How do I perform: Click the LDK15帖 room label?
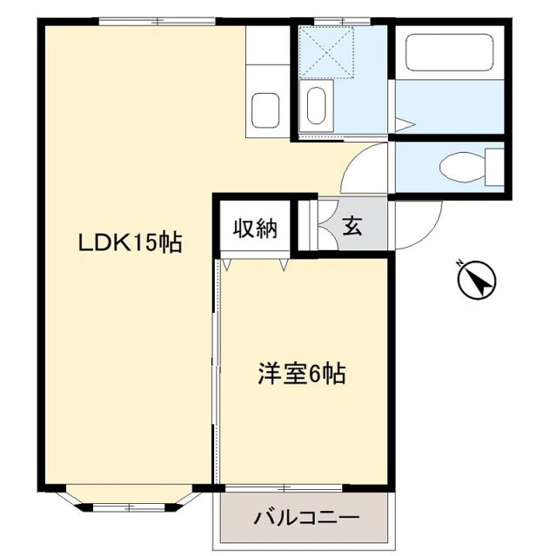[x=131, y=243]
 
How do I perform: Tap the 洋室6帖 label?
[x=301, y=374]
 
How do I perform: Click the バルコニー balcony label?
[x=306, y=518]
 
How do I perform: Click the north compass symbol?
[x=475, y=280]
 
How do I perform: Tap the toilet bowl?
[x=458, y=164]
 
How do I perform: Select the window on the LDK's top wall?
[x=157, y=21]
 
